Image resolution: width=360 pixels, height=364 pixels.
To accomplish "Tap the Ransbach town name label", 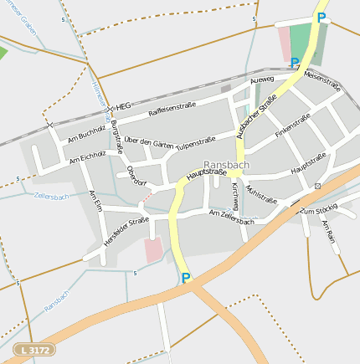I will [x=224, y=166].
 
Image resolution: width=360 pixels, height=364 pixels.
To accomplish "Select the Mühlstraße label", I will [x=261, y=195].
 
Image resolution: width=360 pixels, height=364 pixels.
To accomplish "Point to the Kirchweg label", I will [x=236, y=195].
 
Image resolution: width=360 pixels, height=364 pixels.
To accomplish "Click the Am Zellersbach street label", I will [x=231, y=218].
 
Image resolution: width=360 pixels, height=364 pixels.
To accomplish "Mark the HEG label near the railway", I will [x=123, y=107].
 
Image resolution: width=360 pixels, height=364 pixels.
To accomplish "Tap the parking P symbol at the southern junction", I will [x=186, y=278].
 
